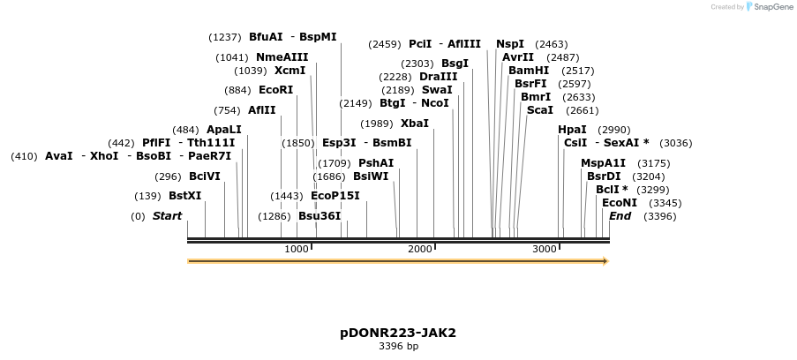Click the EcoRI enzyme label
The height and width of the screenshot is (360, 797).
coord(275,90)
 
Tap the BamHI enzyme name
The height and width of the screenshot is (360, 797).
coord(528,71)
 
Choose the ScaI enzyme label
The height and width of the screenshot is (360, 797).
coord(539,110)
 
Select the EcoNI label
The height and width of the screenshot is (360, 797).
coord(619,203)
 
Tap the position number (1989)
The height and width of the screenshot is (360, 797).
coord(377,124)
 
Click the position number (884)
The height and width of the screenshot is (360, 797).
coord(238,90)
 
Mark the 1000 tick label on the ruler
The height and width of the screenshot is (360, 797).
coord(297,250)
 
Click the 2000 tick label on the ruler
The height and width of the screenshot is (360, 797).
coord(420,250)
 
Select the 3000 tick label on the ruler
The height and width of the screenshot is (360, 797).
coord(545,250)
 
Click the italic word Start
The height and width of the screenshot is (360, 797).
coord(167,216)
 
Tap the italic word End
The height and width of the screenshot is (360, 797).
coord(620,216)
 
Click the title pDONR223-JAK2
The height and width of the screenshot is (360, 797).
coord(398,333)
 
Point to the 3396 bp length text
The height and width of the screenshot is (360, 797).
coord(398,346)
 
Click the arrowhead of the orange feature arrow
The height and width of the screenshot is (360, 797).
coord(605,261)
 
